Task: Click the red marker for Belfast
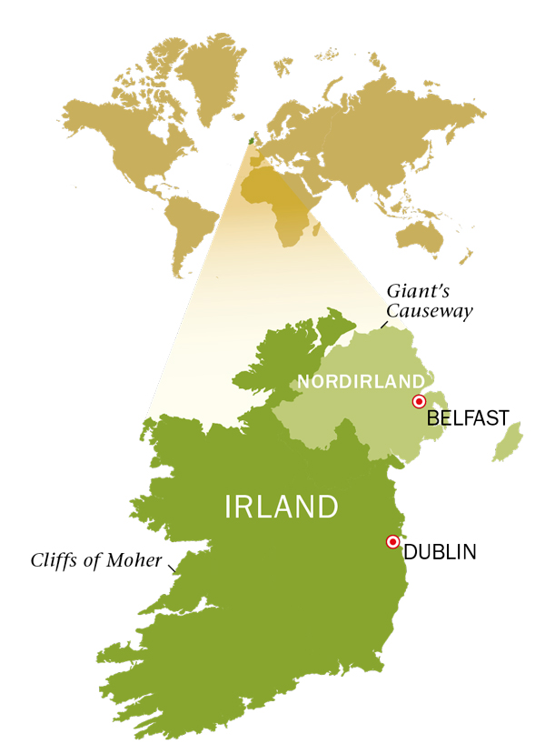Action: pyautogui.click(x=419, y=401)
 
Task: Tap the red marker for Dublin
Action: pyautogui.click(x=392, y=541)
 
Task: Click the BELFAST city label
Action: pyautogui.click(x=468, y=419)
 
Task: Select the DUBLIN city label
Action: pyautogui.click(x=440, y=551)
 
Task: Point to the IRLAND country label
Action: pyautogui.click(x=282, y=507)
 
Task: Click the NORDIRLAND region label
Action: pyautogui.click(x=362, y=381)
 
